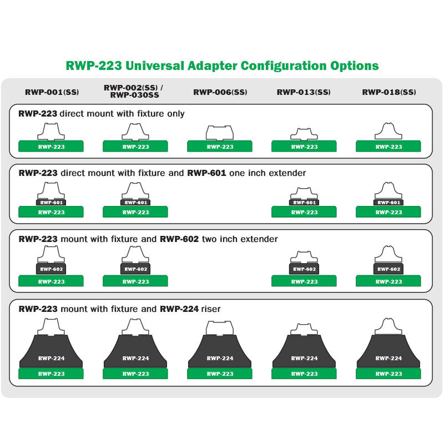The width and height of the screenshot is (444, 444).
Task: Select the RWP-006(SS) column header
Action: [220, 92]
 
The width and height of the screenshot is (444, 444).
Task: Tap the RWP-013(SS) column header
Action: [304, 92]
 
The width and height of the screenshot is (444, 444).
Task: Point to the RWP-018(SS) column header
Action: [389, 92]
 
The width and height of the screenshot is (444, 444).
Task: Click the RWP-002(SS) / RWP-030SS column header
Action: [134, 92]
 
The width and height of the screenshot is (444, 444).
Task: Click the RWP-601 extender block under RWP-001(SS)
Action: [52, 203]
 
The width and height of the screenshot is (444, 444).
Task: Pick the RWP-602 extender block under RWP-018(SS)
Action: [389, 269]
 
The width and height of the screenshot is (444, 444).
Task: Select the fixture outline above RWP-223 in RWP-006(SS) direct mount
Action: [220, 133]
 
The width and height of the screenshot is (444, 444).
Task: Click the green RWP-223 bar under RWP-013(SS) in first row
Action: [304, 147]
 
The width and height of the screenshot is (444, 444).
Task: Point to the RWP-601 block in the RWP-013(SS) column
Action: [304, 203]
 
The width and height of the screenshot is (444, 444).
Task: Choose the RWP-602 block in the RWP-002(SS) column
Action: [135, 269]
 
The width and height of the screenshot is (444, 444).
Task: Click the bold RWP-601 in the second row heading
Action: [206, 173]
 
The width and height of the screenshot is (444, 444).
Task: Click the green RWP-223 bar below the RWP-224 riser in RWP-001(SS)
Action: [52, 374]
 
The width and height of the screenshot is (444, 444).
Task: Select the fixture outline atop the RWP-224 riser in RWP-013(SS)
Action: [304, 329]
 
